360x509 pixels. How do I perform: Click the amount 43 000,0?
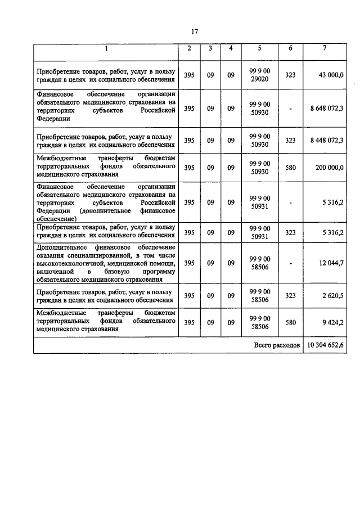point(331,74)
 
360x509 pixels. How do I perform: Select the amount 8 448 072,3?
point(326,141)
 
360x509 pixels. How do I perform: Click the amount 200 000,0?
point(329,168)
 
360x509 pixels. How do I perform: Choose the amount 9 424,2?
point(333,323)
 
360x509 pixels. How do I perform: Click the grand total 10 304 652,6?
point(325,345)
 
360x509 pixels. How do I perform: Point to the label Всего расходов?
point(276,345)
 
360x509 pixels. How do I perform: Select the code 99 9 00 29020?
point(259,74)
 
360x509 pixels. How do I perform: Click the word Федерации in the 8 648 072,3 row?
point(51,119)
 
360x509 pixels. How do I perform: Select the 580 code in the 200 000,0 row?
point(290,168)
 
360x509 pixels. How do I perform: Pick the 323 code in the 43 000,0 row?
point(290,74)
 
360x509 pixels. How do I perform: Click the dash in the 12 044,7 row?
point(290,262)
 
